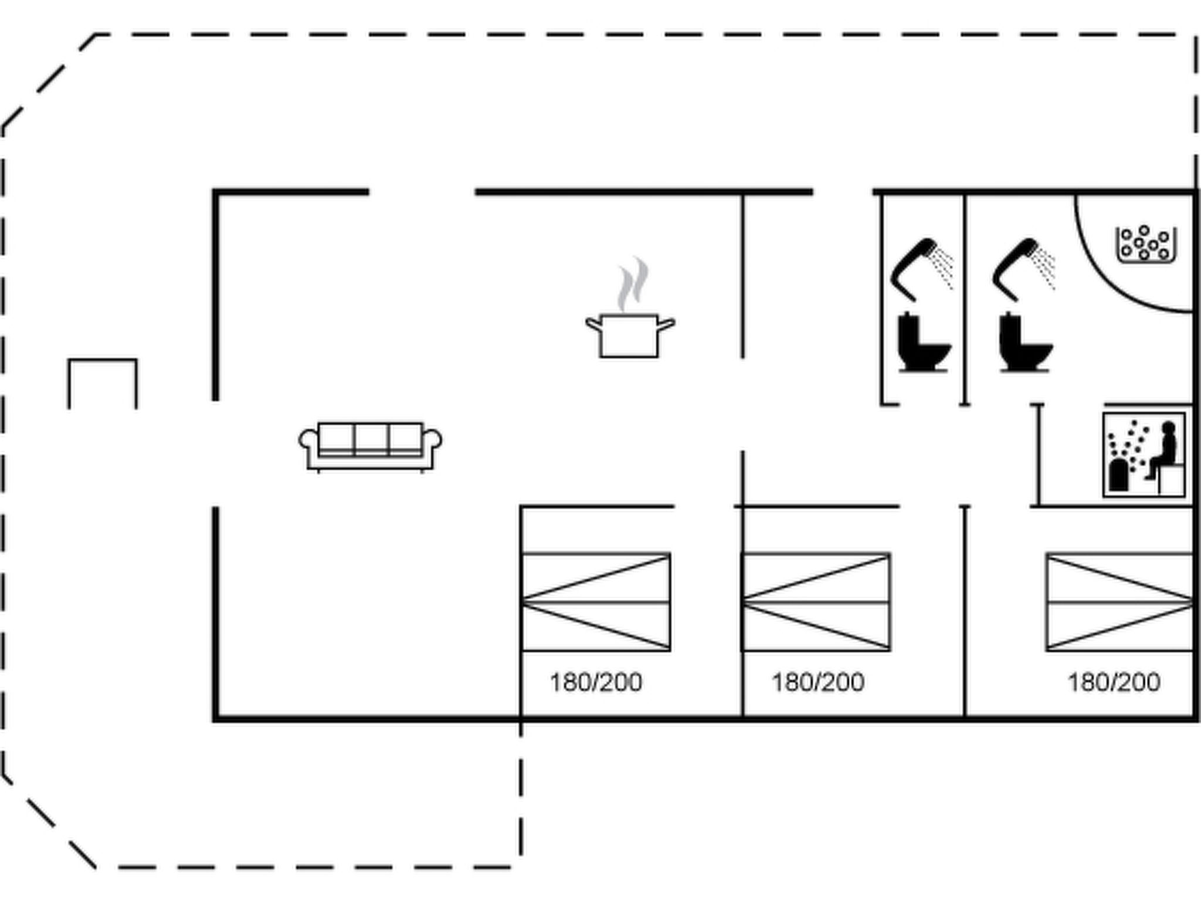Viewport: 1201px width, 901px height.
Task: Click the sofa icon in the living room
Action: pyautogui.click(x=370, y=446)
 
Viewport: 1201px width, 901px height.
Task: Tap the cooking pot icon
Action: pyautogui.click(x=630, y=335)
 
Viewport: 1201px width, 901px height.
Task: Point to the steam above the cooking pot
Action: pyautogui.click(x=633, y=284)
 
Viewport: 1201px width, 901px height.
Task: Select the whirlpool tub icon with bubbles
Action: pyautogui.click(x=1145, y=245)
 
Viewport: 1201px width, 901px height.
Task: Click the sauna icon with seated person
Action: pyautogui.click(x=1144, y=455)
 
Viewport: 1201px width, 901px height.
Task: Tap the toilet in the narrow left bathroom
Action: pyautogui.click(x=922, y=343)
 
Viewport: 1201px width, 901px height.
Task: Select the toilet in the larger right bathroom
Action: pyautogui.click(x=1024, y=343)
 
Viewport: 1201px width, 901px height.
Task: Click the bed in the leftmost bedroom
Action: pyautogui.click(x=596, y=602)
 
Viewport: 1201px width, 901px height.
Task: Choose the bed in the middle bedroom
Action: pyautogui.click(x=816, y=602)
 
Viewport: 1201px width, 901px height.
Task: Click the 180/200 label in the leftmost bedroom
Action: pyautogui.click(x=596, y=682)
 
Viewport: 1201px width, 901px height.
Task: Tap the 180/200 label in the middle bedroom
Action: pyautogui.click(x=817, y=682)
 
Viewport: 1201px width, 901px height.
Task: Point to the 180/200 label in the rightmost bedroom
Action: pyautogui.click(x=1114, y=682)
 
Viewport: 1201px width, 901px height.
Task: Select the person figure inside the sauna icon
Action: pyautogui.click(x=1165, y=449)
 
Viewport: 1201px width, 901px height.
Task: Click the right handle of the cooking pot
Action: pyautogui.click(x=667, y=324)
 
